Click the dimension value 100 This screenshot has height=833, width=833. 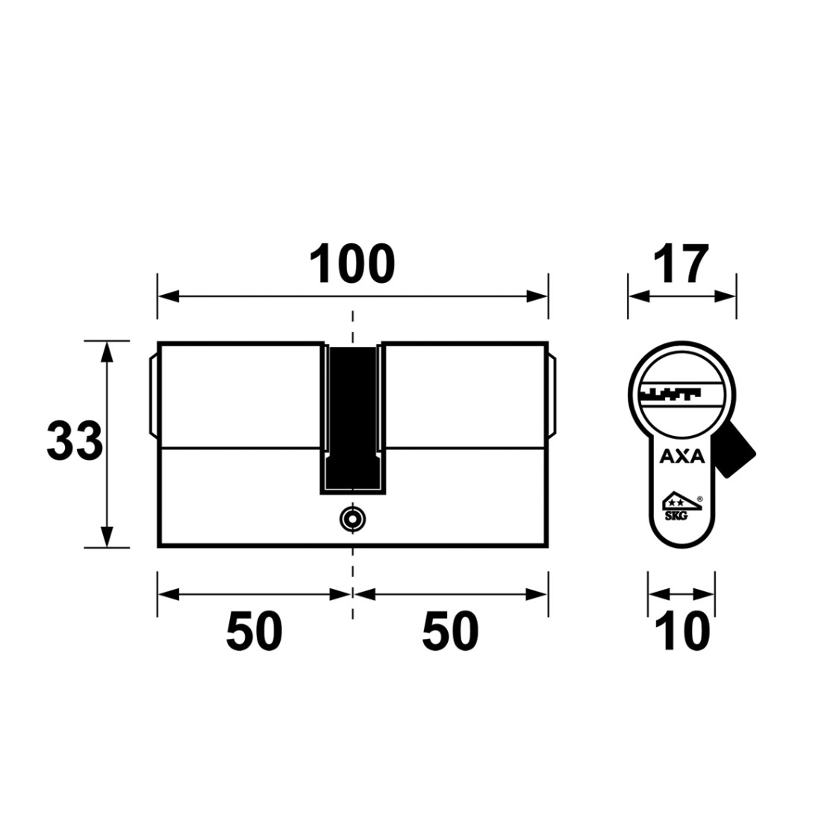coord(352,264)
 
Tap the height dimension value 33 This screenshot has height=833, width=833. coord(75,440)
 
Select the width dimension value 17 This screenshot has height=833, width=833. coord(681,264)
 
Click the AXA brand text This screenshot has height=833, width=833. coord(682,456)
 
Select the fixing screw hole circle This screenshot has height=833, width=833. coord(353,519)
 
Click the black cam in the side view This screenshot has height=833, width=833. coord(353,417)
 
